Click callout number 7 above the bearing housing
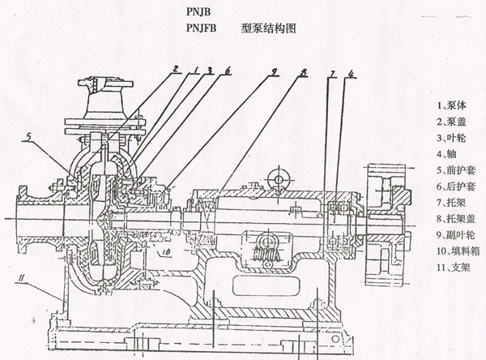coord(332,75)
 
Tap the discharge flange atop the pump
coord(104,82)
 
